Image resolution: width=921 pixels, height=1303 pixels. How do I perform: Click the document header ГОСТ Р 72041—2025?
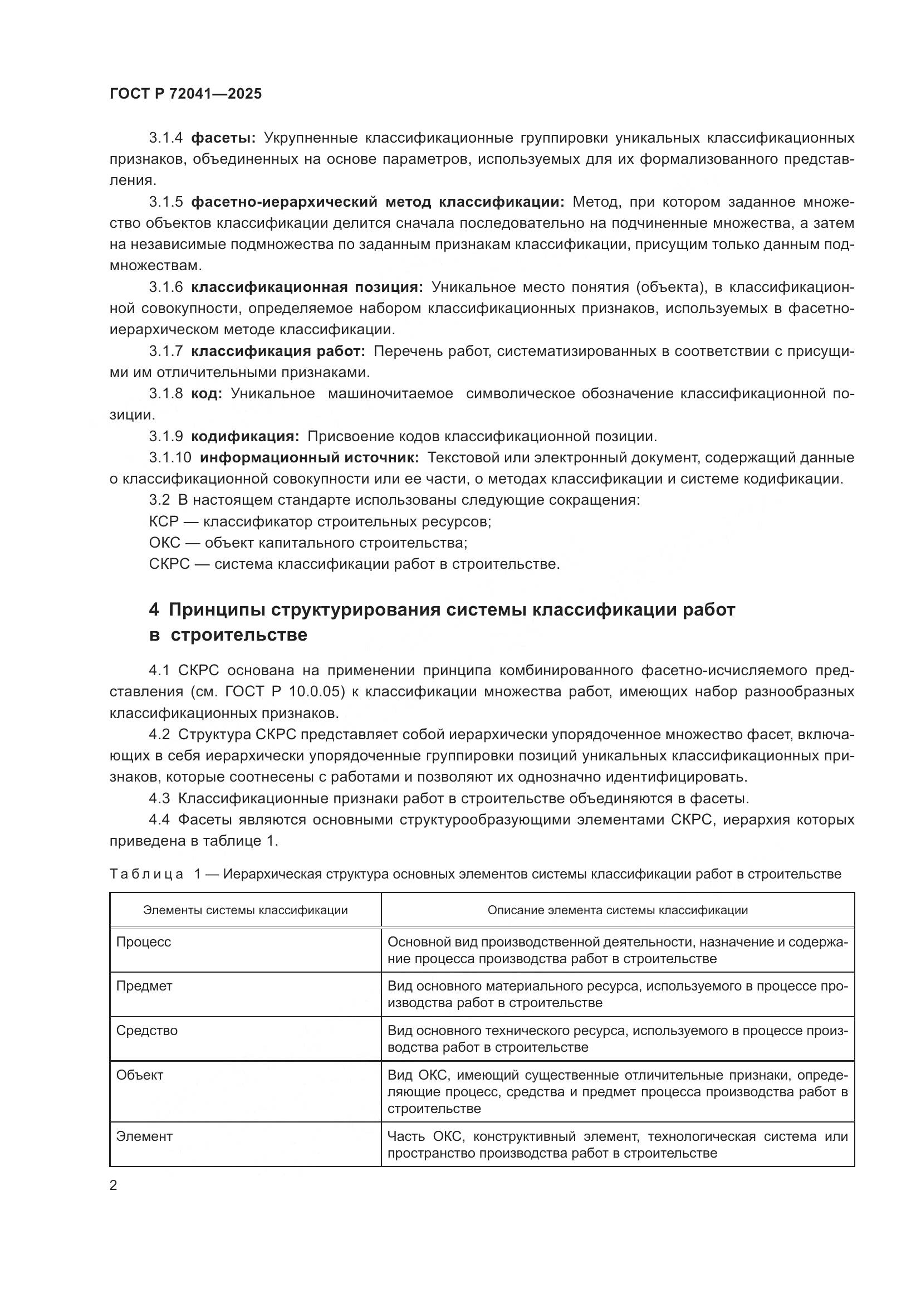pyautogui.click(x=185, y=94)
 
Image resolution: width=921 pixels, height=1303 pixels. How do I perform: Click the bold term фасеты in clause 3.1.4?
pyautogui.click(x=223, y=138)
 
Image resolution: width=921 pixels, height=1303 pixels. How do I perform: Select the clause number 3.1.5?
pyautogui.click(x=165, y=202)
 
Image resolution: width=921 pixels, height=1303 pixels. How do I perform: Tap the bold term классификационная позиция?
pyautogui.click(x=307, y=287)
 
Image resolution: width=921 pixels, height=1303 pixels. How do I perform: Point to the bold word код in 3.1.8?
pyautogui.click(x=207, y=394)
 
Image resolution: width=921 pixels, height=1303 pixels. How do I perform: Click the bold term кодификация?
pyautogui.click(x=244, y=436)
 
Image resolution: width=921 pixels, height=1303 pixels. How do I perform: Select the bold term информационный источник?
pyautogui.click(x=309, y=457)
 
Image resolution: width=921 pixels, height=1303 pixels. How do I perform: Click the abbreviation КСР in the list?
pyautogui.click(x=163, y=521)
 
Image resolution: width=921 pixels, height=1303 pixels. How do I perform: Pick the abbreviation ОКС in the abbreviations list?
pyautogui.click(x=164, y=543)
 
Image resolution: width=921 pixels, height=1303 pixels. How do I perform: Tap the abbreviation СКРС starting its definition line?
pyautogui.click(x=169, y=564)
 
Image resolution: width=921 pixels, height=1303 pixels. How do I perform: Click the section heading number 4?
pyautogui.click(x=154, y=610)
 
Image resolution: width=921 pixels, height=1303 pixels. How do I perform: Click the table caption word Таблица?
pyautogui.click(x=146, y=874)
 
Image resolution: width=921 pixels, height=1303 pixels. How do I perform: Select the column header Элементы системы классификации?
pyautogui.click(x=245, y=910)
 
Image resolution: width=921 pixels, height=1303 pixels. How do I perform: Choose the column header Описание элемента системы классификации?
pyautogui.click(x=617, y=910)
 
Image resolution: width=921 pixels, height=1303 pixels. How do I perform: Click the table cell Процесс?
pyautogui.click(x=144, y=942)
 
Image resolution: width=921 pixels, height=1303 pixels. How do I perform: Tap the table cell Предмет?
pyautogui.click(x=144, y=987)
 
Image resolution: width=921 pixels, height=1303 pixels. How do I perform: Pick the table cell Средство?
pyautogui.click(x=147, y=1031)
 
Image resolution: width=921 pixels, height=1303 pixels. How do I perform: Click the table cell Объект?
pyautogui.click(x=140, y=1075)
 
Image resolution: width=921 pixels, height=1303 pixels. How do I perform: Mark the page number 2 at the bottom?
pyautogui.click(x=114, y=1185)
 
